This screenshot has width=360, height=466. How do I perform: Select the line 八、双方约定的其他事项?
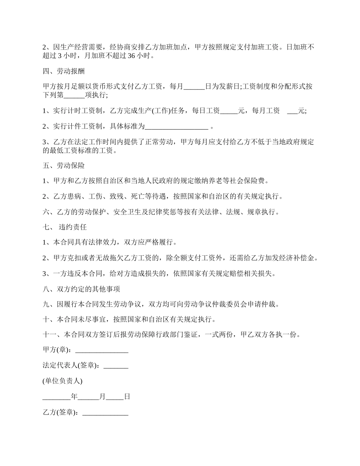(81, 289)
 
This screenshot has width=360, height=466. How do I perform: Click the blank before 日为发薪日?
(194, 86)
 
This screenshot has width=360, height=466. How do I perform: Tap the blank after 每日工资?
(229, 111)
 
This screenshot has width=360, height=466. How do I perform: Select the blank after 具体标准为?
(177, 126)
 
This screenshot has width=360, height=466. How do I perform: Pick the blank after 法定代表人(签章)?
(116, 366)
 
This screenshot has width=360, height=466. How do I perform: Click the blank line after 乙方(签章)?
(105, 412)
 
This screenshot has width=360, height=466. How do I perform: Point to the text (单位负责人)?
(63, 381)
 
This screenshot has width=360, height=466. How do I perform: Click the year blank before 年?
(56, 397)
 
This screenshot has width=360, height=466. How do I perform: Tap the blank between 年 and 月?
(89, 397)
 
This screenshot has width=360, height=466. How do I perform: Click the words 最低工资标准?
(74, 150)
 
